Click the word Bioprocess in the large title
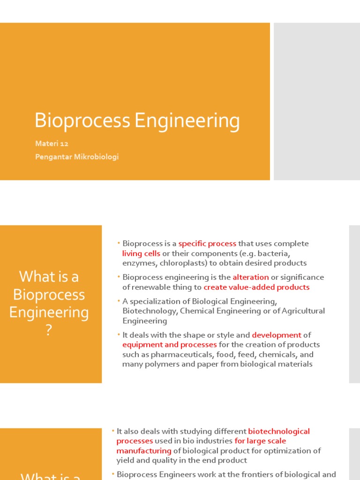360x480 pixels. click(x=82, y=121)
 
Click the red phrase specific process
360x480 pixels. click(x=207, y=244)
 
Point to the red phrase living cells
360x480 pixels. click(x=141, y=254)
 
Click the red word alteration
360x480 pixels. click(x=251, y=277)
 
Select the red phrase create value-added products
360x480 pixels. click(x=256, y=287)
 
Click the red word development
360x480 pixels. click(x=277, y=335)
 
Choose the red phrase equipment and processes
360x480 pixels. click(x=170, y=345)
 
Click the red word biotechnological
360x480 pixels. click(x=279, y=431)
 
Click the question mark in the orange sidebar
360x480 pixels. click(x=49, y=331)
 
